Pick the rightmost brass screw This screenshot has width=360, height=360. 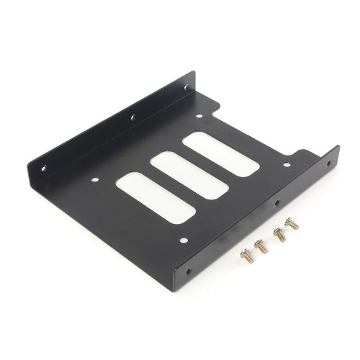click(x=292, y=224)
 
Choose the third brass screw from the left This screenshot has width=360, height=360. click(x=279, y=234)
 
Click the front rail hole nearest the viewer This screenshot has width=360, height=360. click(x=189, y=272)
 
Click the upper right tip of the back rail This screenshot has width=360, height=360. click(x=195, y=72)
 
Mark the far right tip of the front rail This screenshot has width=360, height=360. click(x=338, y=147)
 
